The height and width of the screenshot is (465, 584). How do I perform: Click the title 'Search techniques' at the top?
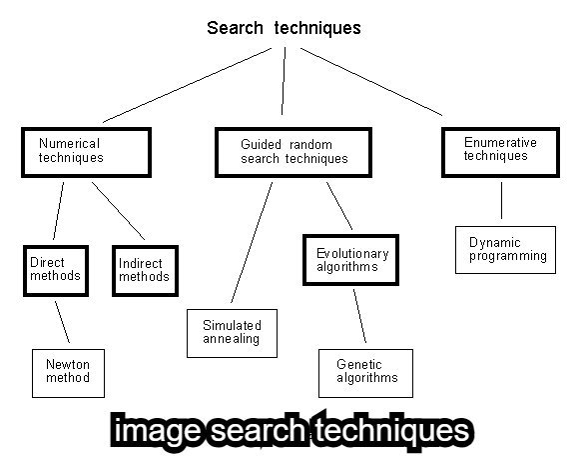284,27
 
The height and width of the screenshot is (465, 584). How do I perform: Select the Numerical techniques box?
87,151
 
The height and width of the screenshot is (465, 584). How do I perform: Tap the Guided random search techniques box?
293,151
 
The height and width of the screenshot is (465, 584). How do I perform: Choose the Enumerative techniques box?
500,150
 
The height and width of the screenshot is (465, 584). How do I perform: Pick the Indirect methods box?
144,270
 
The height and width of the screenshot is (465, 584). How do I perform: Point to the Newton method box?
68,371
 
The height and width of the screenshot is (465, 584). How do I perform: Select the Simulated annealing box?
232,332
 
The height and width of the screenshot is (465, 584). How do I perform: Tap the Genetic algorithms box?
365,372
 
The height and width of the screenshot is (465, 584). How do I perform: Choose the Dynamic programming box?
508,249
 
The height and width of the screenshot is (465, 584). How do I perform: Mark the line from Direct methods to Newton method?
63,321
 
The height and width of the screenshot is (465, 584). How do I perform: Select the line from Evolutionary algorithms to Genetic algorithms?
357,315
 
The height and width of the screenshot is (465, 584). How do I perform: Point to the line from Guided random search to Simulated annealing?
252,240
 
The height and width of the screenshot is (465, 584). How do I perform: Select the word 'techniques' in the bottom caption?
393,431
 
